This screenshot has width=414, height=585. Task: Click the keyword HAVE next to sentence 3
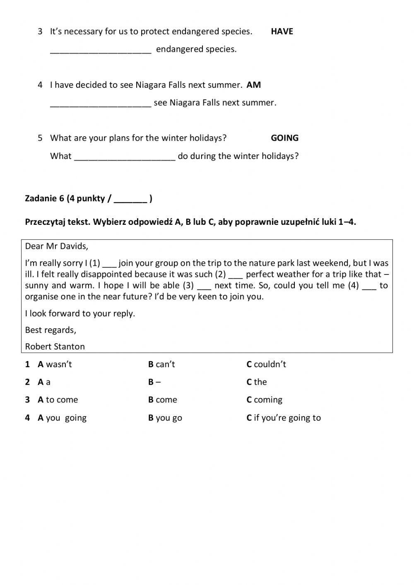[282, 31]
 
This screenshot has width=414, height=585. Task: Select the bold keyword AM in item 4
[253, 85]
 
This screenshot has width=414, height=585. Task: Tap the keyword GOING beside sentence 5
[284, 138]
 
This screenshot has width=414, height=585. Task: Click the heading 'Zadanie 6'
[44, 198]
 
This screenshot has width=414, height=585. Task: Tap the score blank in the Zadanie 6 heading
[130, 199]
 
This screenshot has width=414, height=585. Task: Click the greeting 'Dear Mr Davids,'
[57, 246]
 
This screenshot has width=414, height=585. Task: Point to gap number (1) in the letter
[110, 264]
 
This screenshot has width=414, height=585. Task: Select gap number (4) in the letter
[369, 286]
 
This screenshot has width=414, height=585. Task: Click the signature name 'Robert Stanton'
[55, 347]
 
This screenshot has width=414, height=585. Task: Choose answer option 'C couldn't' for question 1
[266, 364]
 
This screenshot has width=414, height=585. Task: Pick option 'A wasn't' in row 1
[55, 364]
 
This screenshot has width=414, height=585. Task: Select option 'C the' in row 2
[257, 382]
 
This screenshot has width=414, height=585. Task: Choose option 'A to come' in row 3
[58, 400]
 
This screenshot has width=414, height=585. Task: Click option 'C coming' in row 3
[265, 400]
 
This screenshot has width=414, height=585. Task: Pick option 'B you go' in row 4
[165, 418]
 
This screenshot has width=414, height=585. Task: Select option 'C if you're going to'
[284, 418]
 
